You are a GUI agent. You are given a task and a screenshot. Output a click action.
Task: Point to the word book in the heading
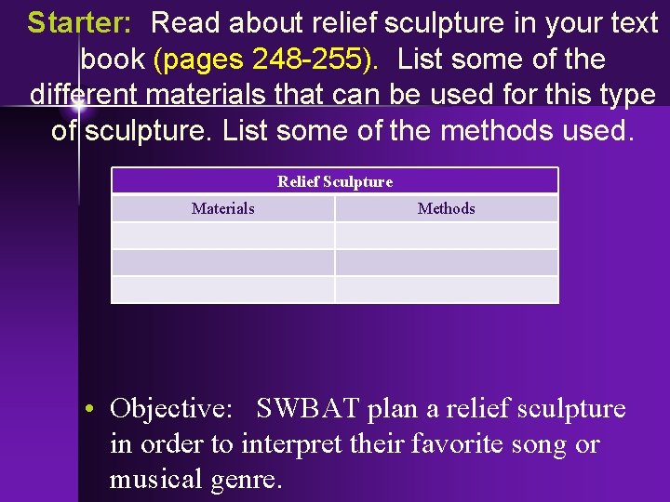click(113, 59)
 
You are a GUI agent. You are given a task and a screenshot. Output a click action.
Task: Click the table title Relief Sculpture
click(335, 181)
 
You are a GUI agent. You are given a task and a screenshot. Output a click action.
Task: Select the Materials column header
click(222, 208)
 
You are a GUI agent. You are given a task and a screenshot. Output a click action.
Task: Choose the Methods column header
click(446, 208)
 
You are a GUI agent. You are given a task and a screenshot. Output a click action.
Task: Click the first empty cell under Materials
click(222, 235)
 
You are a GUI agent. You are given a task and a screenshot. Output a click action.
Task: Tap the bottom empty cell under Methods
click(446, 289)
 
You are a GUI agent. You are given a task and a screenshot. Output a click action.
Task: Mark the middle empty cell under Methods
click(446, 262)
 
